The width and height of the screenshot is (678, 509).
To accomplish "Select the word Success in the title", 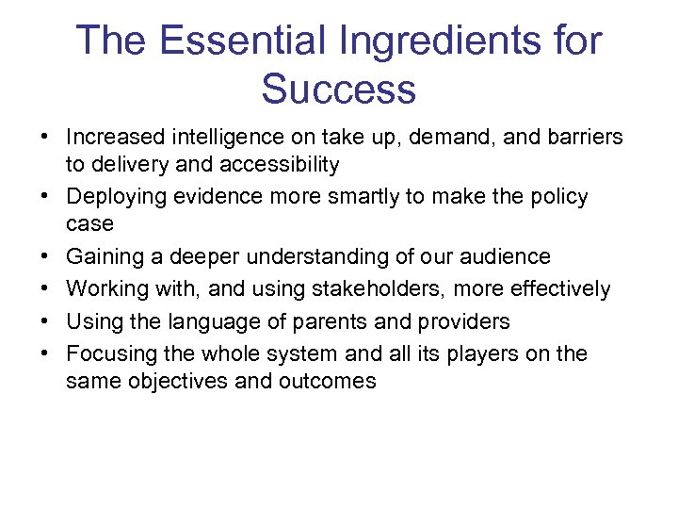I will coord(338,89).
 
